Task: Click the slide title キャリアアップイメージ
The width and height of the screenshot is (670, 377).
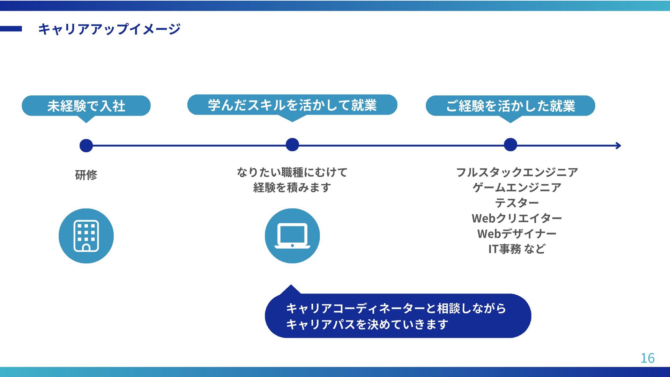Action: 109,29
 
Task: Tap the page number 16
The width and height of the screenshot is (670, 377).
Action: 647,358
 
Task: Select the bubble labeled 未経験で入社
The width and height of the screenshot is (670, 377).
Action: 86,106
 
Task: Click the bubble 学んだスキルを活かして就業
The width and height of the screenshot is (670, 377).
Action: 292,105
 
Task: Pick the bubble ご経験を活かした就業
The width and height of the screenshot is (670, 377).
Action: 510,106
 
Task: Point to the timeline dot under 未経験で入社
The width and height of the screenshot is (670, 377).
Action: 86,146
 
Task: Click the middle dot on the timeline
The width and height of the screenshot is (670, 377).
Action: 292,145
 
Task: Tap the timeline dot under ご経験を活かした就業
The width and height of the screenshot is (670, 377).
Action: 510,145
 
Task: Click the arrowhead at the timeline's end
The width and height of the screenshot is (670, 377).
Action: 619,146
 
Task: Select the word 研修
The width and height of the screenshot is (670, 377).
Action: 86,175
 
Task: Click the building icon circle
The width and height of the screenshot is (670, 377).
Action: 86,236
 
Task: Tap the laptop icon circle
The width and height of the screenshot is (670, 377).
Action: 292,236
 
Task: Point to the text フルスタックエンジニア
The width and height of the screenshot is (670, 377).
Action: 517,172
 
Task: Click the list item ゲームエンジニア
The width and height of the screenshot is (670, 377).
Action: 517,187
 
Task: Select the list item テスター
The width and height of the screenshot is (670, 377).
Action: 517,203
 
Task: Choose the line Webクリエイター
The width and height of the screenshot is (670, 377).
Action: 517,218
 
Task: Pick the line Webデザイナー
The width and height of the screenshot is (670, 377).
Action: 517,234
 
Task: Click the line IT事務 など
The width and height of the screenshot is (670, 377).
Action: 517,249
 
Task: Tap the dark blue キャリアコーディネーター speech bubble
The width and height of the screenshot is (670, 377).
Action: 398,316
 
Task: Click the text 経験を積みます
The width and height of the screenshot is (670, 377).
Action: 292,187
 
